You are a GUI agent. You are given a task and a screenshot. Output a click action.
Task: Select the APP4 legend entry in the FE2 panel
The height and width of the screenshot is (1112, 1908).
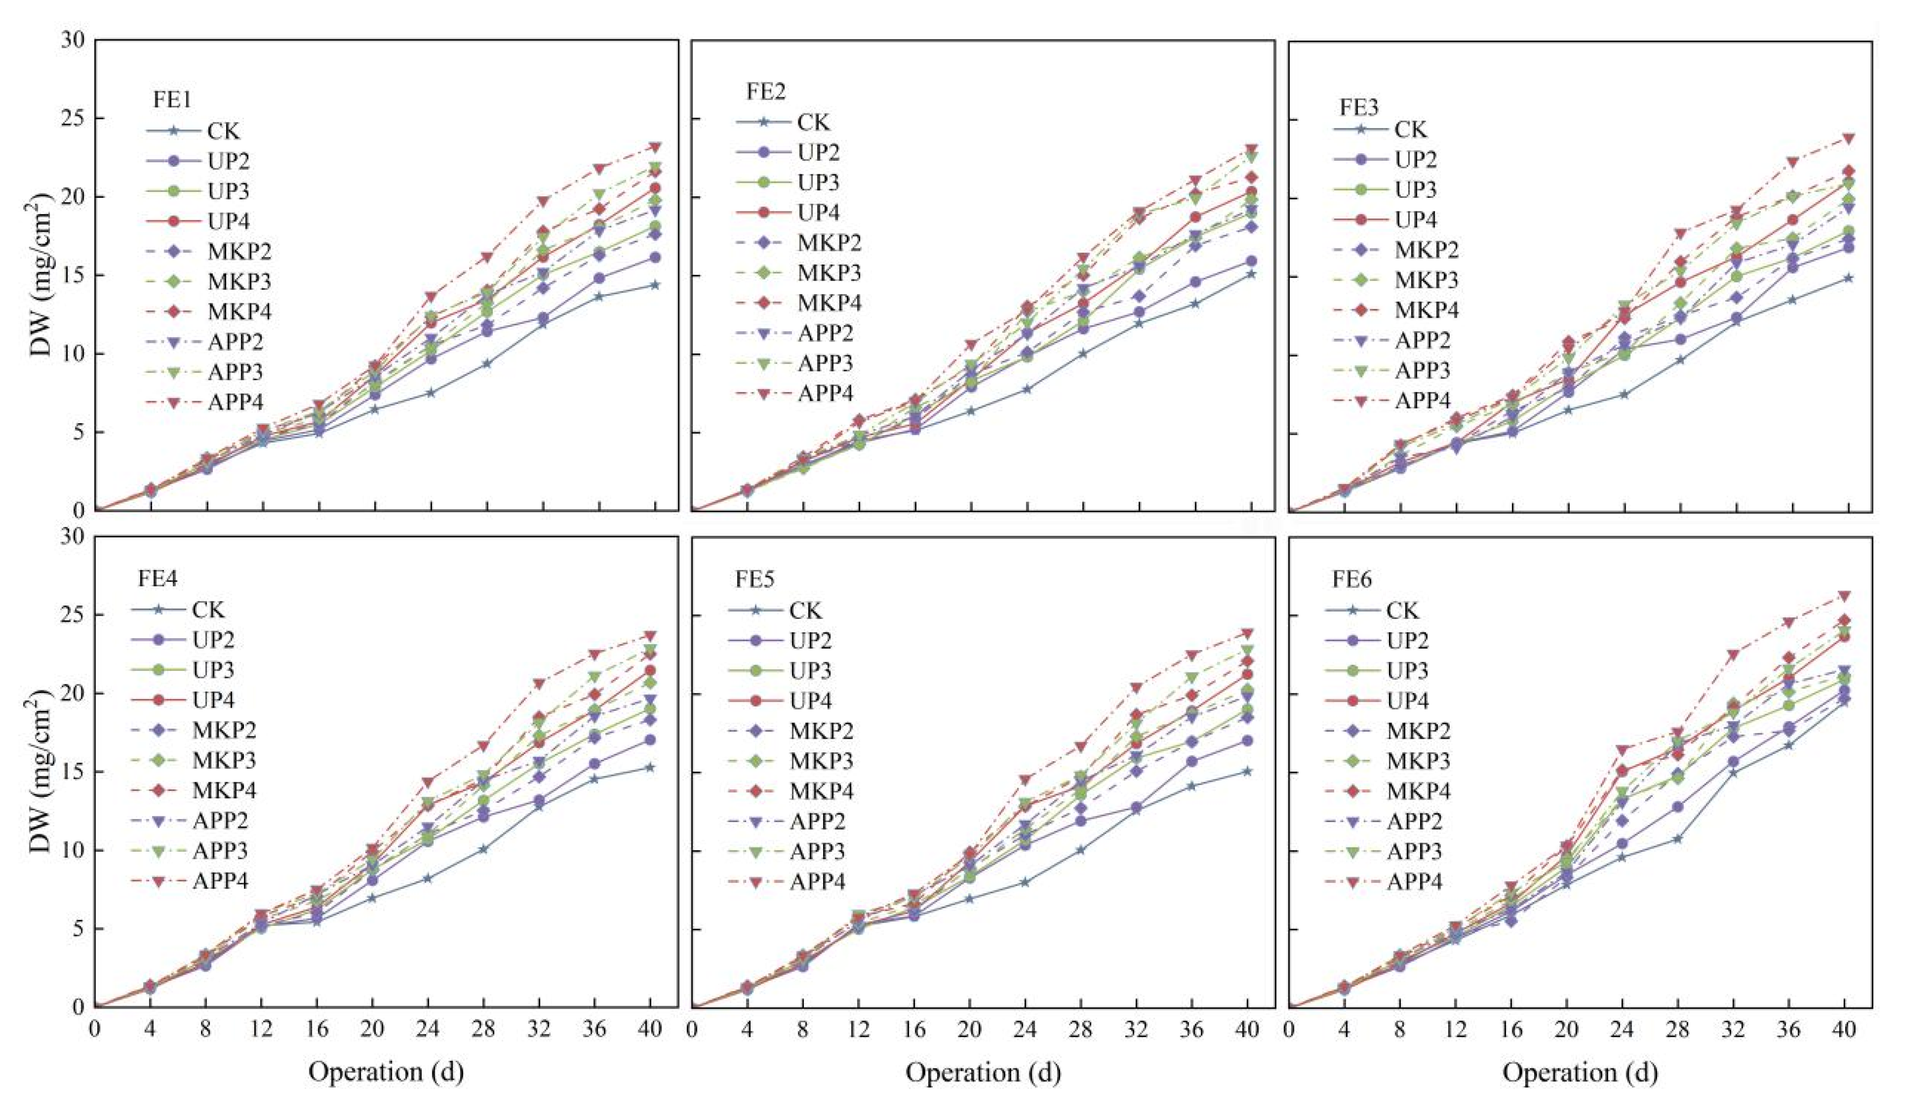(825, 393)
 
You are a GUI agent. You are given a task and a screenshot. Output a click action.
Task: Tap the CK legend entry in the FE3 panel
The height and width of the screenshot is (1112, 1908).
(1410, 130)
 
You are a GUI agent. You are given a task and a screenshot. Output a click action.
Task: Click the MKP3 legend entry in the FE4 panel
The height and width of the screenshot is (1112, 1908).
(224, 760)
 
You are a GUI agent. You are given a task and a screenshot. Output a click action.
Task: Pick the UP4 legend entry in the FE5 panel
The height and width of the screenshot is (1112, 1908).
(810, 701)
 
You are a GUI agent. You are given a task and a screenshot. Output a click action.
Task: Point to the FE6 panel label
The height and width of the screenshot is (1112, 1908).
(1352, 580)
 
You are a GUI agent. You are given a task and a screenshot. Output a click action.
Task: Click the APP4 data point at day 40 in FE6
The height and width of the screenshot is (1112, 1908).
(1845, 596)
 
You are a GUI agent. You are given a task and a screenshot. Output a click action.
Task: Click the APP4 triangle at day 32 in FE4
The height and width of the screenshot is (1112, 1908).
(539, 684)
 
